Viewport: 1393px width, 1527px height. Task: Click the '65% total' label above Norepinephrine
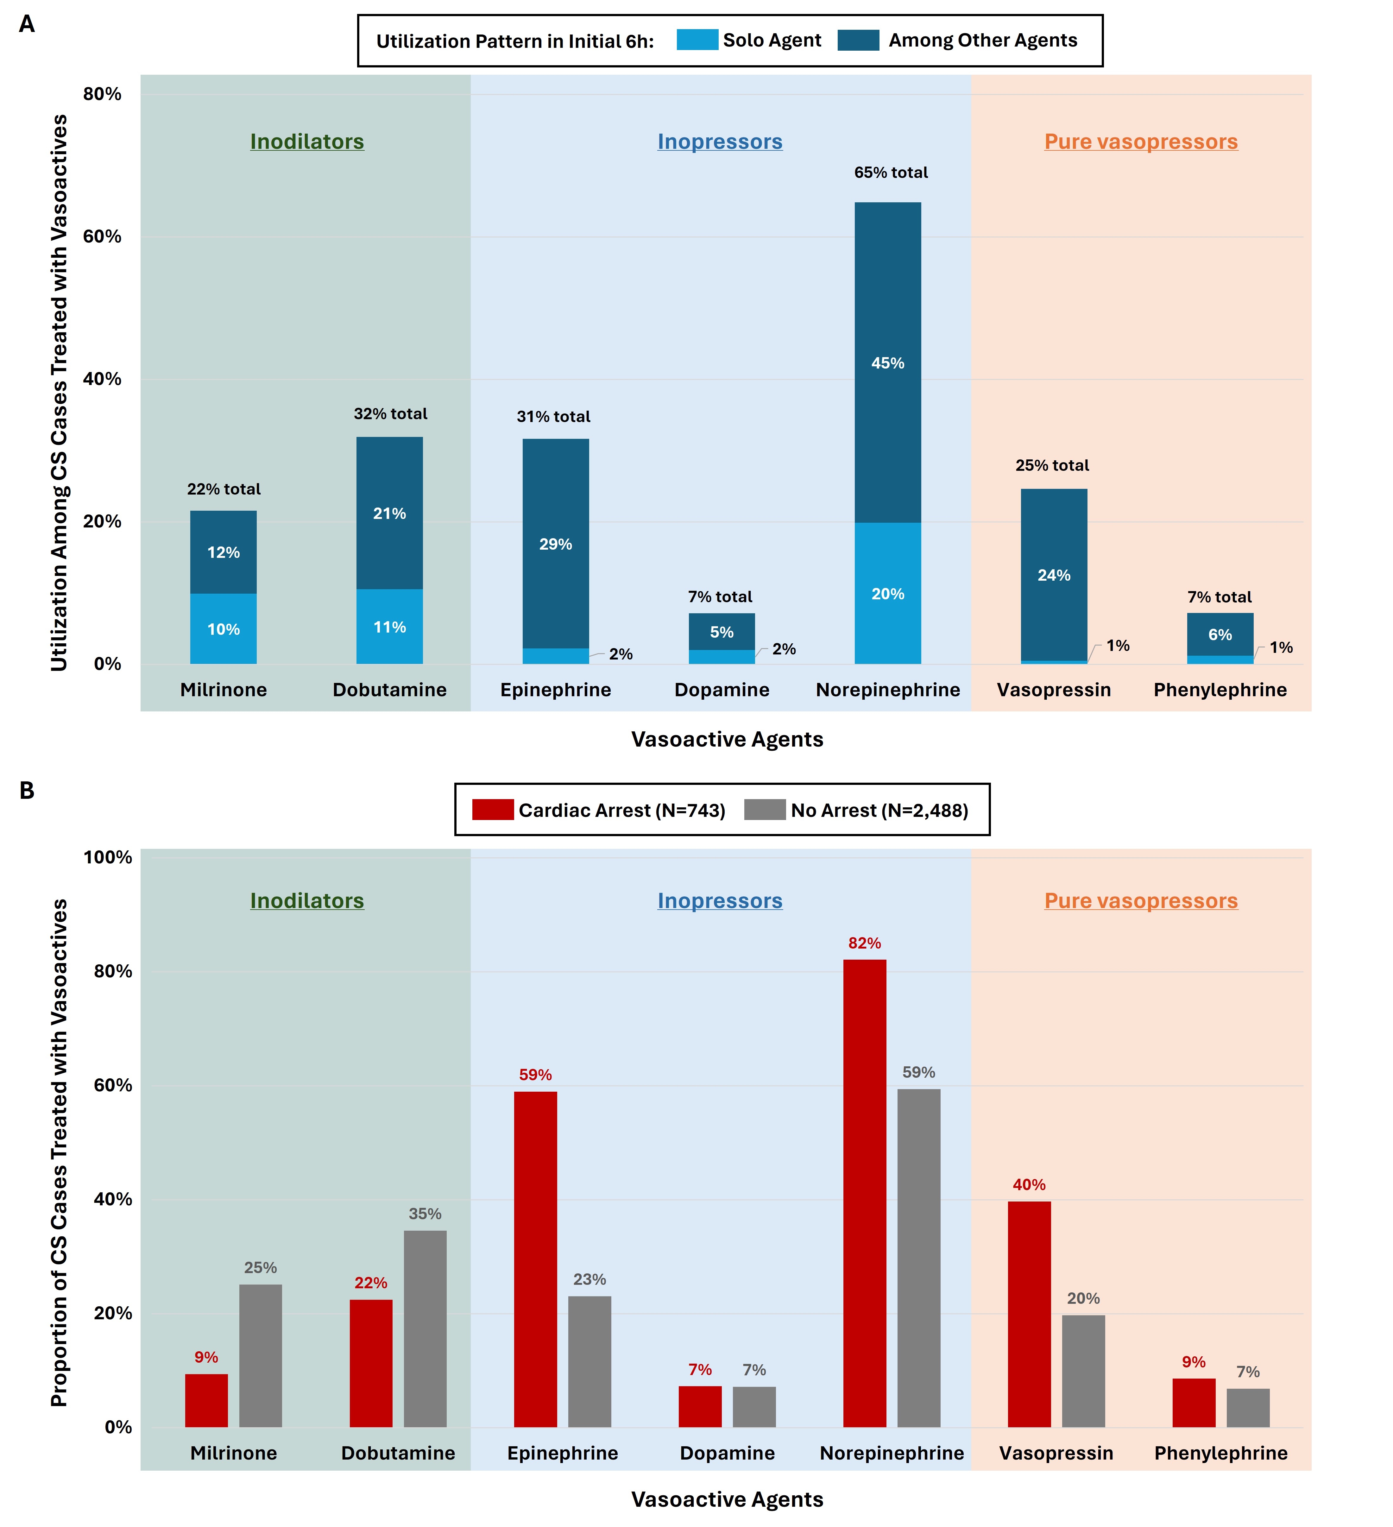point(891,173)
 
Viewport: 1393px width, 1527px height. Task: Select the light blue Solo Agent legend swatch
point(697,40)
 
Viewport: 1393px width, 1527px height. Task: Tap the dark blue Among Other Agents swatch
point(858,40)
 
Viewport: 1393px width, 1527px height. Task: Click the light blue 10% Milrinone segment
point(224,629)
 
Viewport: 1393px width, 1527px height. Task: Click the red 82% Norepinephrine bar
point(864,1193)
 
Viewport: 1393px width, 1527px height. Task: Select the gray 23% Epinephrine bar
point(589,1361)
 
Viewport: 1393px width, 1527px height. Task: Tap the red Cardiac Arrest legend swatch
point(492,810)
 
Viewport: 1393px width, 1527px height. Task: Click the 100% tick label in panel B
point(108,857)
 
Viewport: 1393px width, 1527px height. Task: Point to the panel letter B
point(27,791)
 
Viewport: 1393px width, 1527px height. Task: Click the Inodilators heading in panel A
point(307,142)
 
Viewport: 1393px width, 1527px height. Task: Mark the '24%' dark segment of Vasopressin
point(1054,575)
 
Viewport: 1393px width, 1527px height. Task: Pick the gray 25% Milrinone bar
point(261,1355)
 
